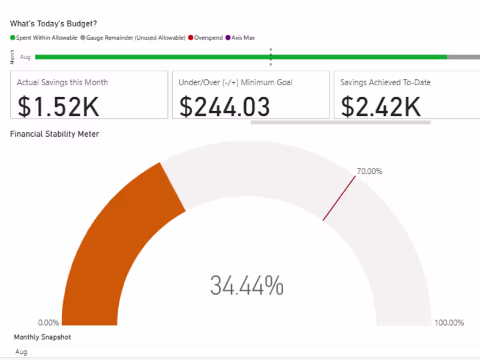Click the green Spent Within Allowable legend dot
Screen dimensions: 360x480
(13, 38)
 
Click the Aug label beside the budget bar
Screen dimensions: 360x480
(25, 57)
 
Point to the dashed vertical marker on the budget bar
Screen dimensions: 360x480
(271, 57)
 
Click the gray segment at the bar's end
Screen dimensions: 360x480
(463, 57)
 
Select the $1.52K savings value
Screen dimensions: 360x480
(58, 106)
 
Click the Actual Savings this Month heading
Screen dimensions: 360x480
(62, 83)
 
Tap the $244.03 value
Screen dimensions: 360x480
(224, 106)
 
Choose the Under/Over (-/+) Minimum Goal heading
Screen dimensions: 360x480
(236, 83)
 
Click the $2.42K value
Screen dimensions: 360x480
(381, 106)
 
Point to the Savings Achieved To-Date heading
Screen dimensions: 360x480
(385, 83)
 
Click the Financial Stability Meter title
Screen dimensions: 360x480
(55, 134)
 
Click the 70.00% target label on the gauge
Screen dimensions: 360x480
(370, 172)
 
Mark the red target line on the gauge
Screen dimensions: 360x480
(339, 198)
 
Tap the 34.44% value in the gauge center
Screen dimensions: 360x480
(247, 286)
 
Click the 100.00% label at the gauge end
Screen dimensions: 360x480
(449, 323)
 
